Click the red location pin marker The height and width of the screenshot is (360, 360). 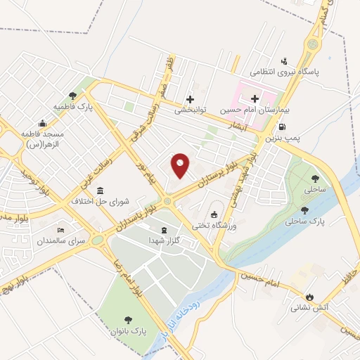180,165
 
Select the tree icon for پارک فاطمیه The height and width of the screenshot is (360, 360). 73,95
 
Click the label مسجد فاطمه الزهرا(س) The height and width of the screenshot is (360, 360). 43,138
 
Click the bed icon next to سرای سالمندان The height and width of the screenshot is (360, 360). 61,230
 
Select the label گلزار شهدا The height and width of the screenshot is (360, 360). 165,240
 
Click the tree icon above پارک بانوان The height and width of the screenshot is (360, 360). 129,319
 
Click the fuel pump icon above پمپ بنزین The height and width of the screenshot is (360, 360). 283,127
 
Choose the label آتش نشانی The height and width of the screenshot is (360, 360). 307,307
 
